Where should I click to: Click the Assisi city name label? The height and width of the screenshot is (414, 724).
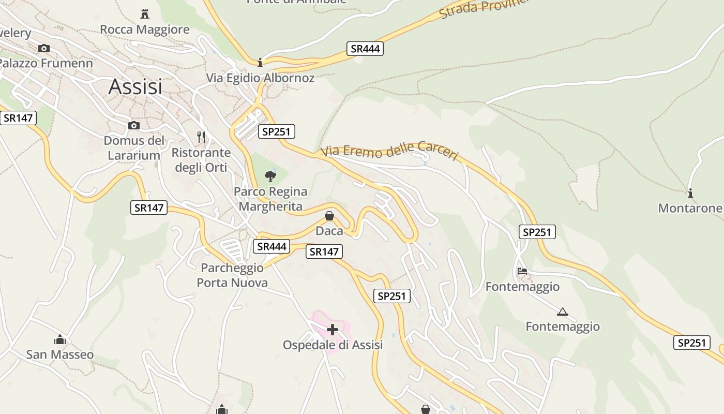(x=135, y=87)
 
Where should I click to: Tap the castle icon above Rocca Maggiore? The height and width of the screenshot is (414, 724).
(x=145, y=14)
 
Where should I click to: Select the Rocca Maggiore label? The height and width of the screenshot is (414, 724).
(x=145, y=29)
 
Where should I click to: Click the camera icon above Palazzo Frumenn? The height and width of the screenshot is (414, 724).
(x=44, y=48)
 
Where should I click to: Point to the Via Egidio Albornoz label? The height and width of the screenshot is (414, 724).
(x=260, y=78)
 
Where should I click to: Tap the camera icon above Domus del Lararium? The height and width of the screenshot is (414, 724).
(x=134, y=125)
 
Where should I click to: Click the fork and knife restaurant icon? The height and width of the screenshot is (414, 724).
(x=201, y=137)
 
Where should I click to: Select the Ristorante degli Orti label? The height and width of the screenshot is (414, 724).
(x=201, y=160)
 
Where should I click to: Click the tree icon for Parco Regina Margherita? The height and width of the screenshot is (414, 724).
(x=270, y=176)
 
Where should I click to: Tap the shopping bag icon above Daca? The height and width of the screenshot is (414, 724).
(x=329, y=216)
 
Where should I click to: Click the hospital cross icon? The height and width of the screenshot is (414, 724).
(x=333, y=329)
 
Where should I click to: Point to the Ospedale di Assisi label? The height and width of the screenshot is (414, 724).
(x=333, y=345)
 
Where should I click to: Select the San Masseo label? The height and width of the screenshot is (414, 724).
(x=60, y=354)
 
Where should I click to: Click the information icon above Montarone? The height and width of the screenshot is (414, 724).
(x=690, y=193)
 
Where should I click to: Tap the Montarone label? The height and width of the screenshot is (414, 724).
(x=690, y=208)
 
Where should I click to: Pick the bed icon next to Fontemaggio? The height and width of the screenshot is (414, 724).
(x=522, y=271)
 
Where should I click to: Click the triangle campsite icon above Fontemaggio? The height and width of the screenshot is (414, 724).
(x=563, y=312)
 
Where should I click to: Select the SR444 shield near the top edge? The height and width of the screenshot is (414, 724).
(x=365, y=49)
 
